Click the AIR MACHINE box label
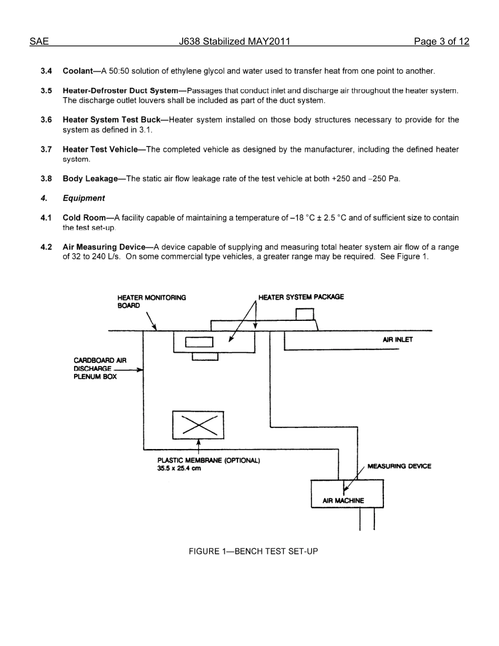[x=343, y=501]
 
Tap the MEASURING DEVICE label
[x=399, y=466]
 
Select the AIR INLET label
[x=398, y=340]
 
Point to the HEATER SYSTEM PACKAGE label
[x=301, y=297]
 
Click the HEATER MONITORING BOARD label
[x=151, y=301]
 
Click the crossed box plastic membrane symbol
[x=198, y=424]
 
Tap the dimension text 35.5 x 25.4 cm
[x=179, y=468]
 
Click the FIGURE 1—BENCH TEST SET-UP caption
[x=253, y=551]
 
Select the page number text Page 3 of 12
[x=441, y=41]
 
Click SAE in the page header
[x=39, y=41]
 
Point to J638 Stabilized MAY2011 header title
[x=234, y=41]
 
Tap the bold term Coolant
[x=77, y=71]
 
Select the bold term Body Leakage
[x=90, y=179]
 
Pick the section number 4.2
[x=46, y=247]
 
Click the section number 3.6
[x=46, y=120]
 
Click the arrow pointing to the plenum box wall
[x=138, y=370]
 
